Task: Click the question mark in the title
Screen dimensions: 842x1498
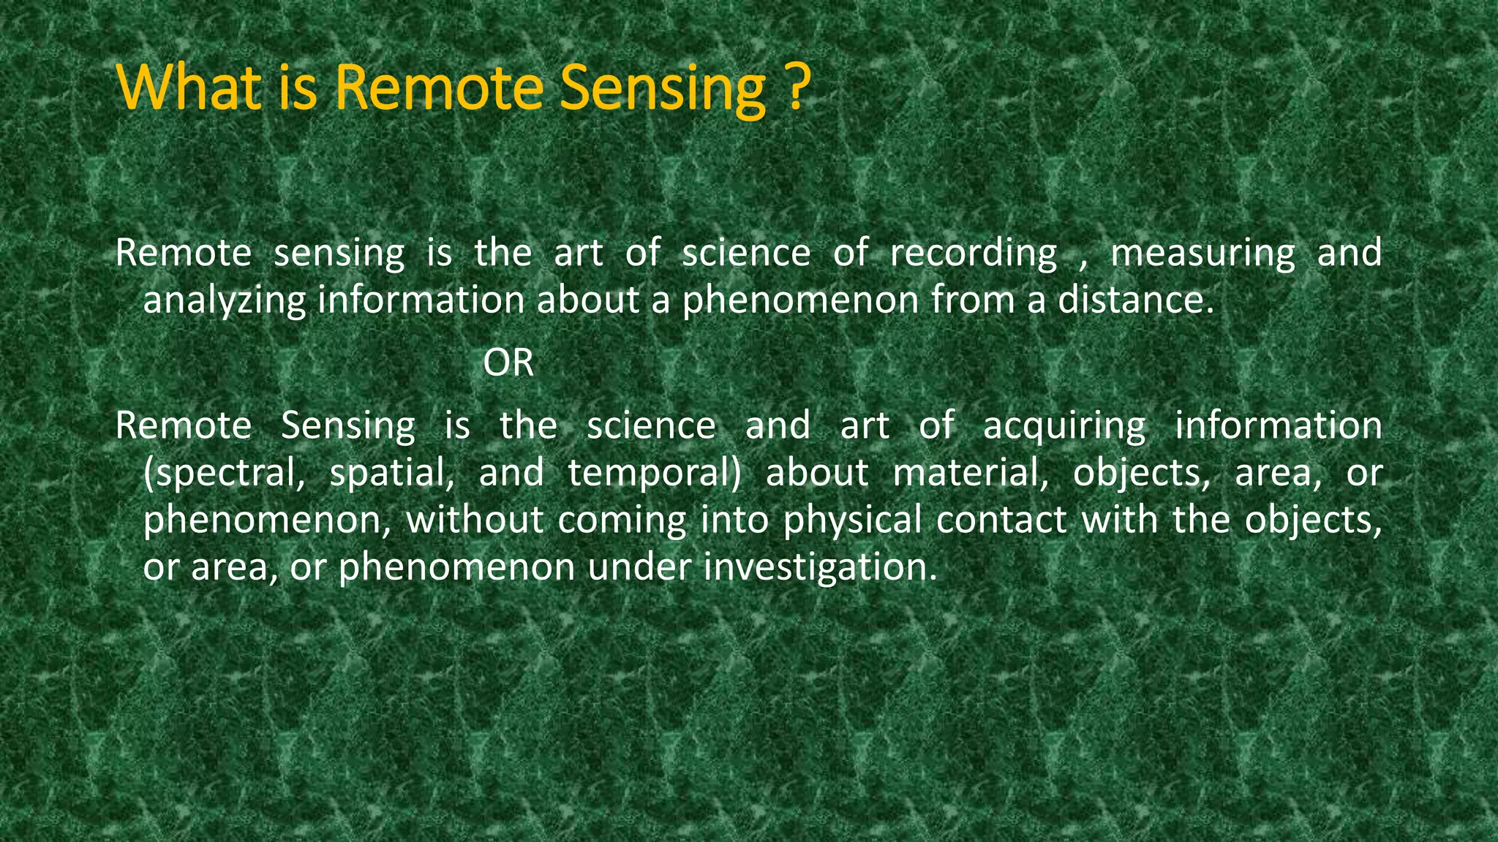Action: [798, 88]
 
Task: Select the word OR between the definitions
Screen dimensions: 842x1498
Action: [508, 363]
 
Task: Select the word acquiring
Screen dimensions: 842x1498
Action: [1064, 427]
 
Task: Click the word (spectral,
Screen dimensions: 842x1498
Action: [224, 474]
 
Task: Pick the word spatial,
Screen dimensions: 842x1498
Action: [392, 474]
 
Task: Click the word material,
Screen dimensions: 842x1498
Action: [971, 473]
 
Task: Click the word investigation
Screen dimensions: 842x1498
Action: [820, 568]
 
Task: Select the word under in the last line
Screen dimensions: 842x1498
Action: [639, 567]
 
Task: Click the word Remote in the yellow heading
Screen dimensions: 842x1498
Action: [439, 88]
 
